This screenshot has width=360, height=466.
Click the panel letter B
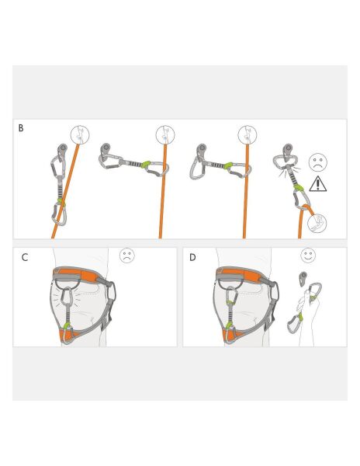tap(21, 127)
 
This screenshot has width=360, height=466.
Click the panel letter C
tap(25, 257)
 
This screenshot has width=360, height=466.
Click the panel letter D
tap(192, 257)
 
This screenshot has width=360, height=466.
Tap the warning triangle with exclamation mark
tap(318, 184)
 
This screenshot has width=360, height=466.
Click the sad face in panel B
tap(318, 162)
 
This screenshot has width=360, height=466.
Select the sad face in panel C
tap(127, 256)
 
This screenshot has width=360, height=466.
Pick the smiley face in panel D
tap(308, 255)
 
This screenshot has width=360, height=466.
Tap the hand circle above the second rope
tap(165, 134)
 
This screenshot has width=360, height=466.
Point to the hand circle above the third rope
tap(247, 134)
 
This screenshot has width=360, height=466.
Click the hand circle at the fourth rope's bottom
tap(317, 224)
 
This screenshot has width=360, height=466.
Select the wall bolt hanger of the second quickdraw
tap(106, 148)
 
